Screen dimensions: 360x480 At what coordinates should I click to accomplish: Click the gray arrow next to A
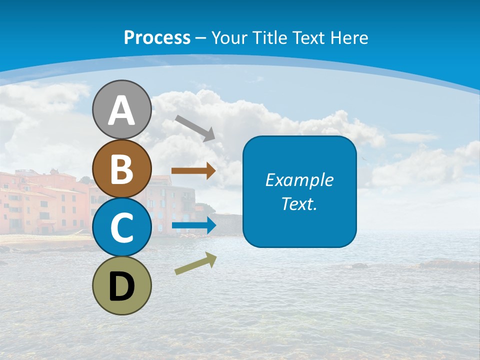(195, 127)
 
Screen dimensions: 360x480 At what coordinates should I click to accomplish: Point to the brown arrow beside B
(193, 171)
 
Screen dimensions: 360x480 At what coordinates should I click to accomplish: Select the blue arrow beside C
(193, 225)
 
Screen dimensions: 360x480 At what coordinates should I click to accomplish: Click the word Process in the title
(157, 37)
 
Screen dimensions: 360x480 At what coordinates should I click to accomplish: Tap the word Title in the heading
(271, 37)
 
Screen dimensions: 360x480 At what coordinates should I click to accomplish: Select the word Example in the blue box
(299, 180)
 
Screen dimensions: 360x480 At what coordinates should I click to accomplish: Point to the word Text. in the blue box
(299, 203)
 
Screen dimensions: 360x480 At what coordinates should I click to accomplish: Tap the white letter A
(122, 110)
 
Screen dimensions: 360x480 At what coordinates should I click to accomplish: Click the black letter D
(122, 286)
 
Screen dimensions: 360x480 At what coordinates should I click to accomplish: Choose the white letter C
(122, 228)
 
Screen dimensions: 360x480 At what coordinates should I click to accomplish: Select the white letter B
(122, 169)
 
